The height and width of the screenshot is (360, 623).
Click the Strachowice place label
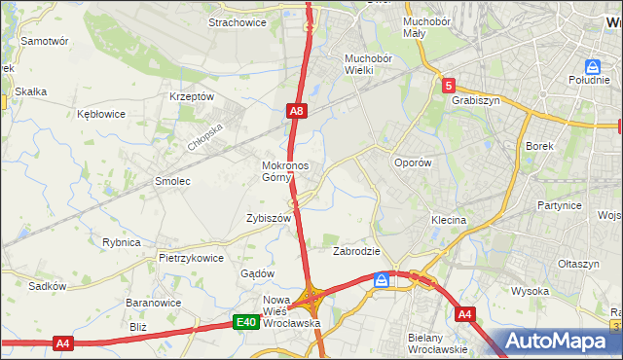(238, 21)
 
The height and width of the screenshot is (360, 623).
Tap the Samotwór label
(44, 42)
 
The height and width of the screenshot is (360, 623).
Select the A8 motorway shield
(298, 113)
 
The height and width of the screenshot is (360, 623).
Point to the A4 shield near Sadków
(63, 342)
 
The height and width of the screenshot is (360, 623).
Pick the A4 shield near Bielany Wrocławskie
(464, 314)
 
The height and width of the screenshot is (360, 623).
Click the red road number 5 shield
(447, 86)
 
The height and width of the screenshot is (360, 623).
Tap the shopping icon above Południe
(592, 66)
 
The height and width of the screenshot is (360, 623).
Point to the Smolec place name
(172, 181)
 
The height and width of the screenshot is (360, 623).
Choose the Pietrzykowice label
(192, 258)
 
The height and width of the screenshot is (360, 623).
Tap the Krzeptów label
(191, 96)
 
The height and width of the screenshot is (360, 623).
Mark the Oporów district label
(412, 163)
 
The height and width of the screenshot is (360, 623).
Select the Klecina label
(449, 220)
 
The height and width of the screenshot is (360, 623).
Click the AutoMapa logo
(566, 342)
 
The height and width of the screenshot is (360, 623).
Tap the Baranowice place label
(149, 303)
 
